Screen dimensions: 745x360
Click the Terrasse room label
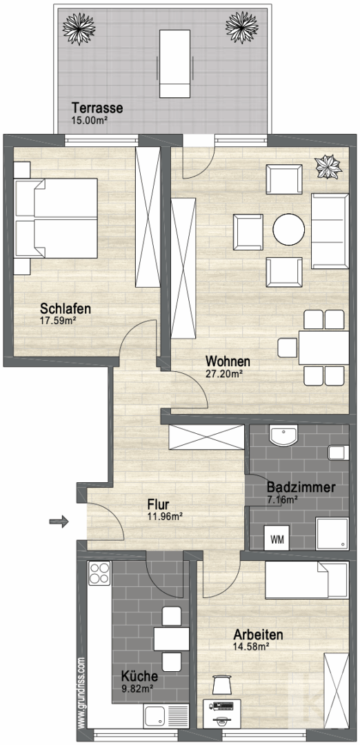tap(97, 108)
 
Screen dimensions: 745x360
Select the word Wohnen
tap(228, 361)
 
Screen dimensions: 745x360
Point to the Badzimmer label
tap(301, 487)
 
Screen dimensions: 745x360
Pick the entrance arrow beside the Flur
tap(59, 521)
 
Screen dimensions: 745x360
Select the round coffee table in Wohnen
tap(288, 229)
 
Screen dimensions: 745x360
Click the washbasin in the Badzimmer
tap(283, 436)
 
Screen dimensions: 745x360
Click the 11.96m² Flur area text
tap(164, 515)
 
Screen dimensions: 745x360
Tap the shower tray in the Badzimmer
tap(332, 532)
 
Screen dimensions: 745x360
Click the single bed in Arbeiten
tap(305, 579)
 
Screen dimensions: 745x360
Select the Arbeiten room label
tap(258, 634)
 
